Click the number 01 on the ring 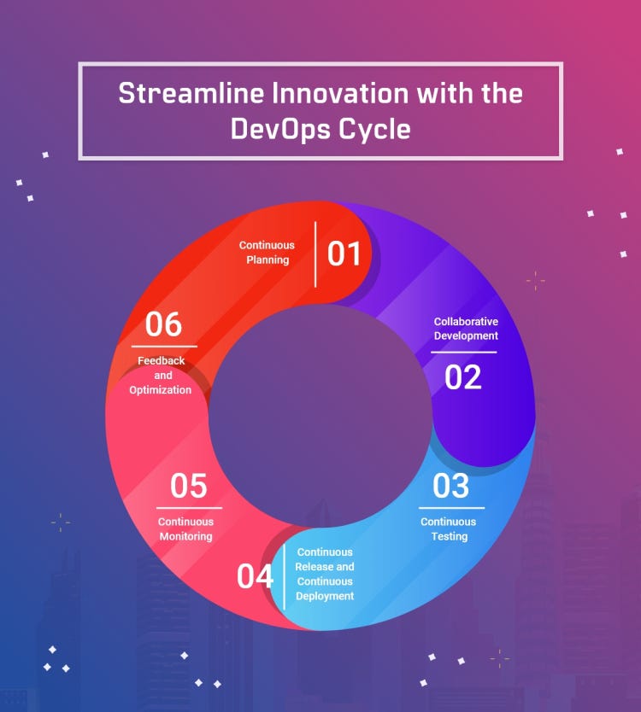coord(344,254)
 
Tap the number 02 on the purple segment coord(463,376)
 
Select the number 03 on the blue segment coord(450,486)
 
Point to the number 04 coord(255,577)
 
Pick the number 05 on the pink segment coord(188,486)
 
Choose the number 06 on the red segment coord(163,324)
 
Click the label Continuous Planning coord(267,253)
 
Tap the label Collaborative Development coord(466,329)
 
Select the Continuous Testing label coord(449,529)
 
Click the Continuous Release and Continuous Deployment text coord(325,575)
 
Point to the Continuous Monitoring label coord(185,529)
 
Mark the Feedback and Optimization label coord(161,376)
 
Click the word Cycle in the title coord(379,129)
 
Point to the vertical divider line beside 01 coord(316,254)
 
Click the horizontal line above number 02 coord(463,352)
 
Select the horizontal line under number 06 coord(164,347)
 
